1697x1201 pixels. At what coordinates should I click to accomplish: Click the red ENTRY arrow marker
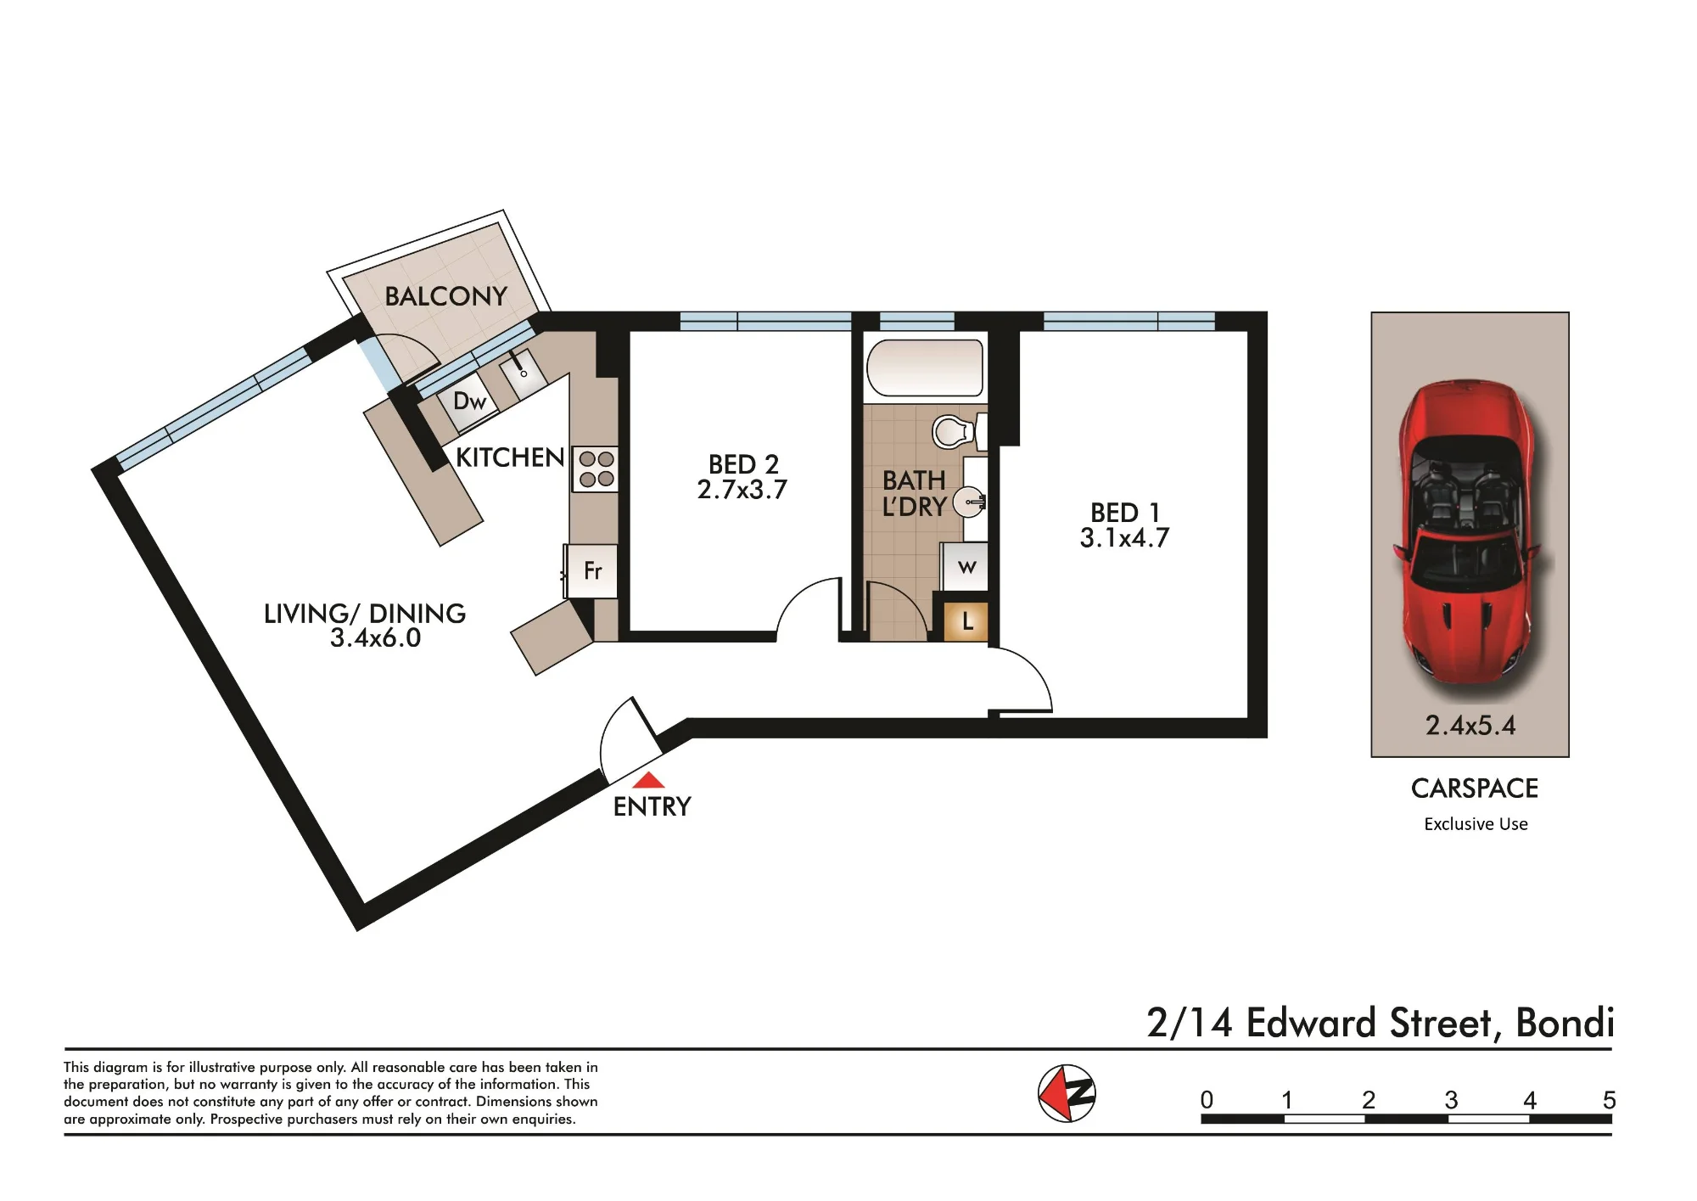point(649,780)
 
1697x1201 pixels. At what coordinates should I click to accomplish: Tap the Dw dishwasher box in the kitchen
point(469,401)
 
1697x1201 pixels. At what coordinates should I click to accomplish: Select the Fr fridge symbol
point(592,570)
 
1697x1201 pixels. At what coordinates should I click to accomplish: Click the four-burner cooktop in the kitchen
point(596,469)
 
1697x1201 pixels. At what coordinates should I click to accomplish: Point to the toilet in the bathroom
point(960,431)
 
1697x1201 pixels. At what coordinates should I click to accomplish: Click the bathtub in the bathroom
point(925,368)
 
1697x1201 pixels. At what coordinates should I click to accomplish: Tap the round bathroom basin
point(969,502)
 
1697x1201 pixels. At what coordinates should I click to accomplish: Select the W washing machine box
point(966,566)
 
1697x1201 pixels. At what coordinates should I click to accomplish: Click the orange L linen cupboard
point(966,622)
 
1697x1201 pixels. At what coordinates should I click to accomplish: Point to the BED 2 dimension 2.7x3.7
point(742,490)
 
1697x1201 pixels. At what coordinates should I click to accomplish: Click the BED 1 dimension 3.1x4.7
point(1124,538)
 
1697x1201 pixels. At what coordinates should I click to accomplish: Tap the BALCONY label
point(446,296)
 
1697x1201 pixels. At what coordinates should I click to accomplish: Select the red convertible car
point(1470,532)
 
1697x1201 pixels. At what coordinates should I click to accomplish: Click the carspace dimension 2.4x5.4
point(1470,726)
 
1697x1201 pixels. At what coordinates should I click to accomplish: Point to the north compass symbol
point(1067,1093)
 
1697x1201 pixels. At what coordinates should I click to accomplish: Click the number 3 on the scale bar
point(1451,1100)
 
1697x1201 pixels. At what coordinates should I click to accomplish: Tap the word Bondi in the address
point(1565,1023)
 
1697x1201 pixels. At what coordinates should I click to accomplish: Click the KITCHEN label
point(510,457)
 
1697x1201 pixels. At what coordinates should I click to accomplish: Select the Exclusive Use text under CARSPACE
point(1476,824)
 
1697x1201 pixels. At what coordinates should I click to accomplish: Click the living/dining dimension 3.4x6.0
point(375,638)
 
